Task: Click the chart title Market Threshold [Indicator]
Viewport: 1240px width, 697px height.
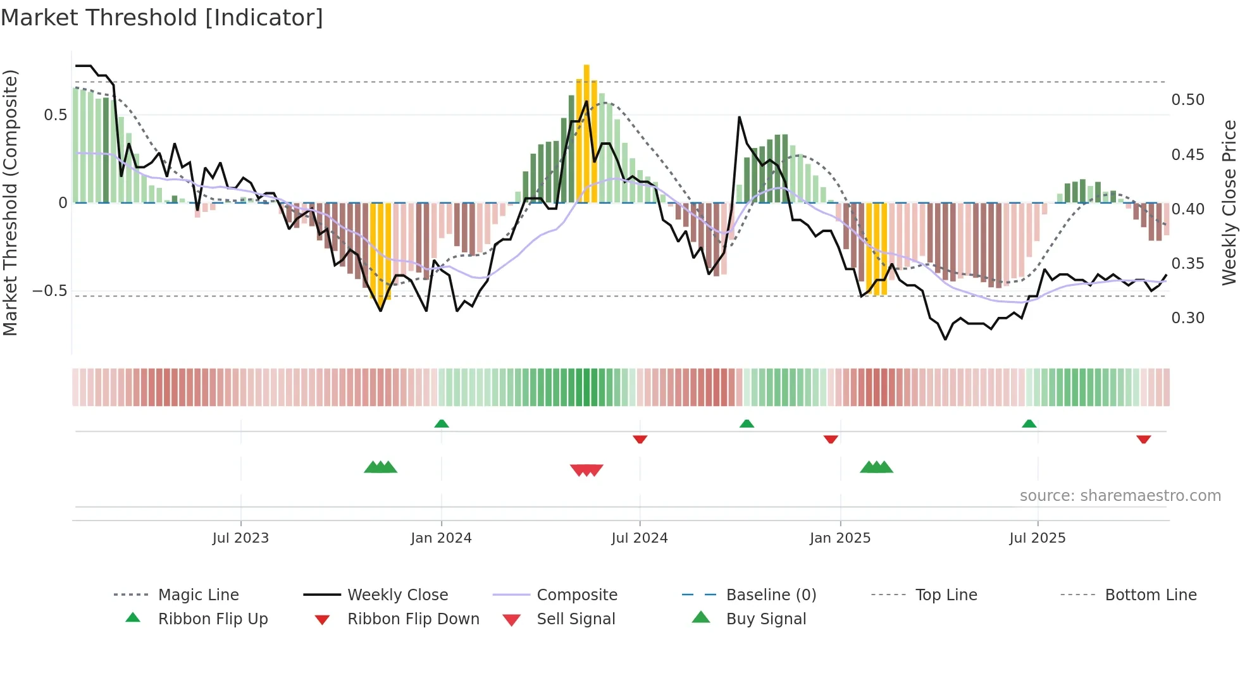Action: pyautogui.click(x=162, y=18)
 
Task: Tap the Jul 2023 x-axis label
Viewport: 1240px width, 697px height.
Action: pyautogui.click(x=240, y=538)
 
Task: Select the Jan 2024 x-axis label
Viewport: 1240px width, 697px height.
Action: pyautogui.click(x=441, y=538)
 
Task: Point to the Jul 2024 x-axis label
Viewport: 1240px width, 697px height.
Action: pyautogui.click(x=640, y=538)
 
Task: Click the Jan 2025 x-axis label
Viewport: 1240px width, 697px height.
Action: pyautogui.click(x=840, y=538)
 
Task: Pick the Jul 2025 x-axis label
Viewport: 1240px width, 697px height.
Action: pyautogui.click(x=1038, y=538)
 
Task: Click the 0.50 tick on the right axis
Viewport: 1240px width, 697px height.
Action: pyautogui.click(x=1187, y=100)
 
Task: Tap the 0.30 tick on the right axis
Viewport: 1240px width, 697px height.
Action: pyautogui.click(x=1187, y=318)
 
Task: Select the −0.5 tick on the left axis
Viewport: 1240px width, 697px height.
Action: pyautogui.click(x=49, y=291)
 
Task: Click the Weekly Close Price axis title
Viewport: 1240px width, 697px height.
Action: pyautogui.click(x=1229, y=202)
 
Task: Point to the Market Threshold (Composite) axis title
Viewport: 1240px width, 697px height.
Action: pyautogui.click(x=10, y=202)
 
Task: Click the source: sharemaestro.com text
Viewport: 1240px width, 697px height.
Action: pyautogui.click(x=1120, y=496)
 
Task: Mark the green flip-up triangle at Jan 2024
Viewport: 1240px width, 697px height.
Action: pyautogui.click(x=442, y=424)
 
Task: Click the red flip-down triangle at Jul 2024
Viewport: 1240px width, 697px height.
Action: pyautogui.click(x=640, y=439)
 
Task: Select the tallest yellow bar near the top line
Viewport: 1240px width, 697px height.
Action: pyautogui.click(x=586, y=133)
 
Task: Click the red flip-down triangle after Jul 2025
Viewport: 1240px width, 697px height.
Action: pyautogui.click(x=1143, y=439)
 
